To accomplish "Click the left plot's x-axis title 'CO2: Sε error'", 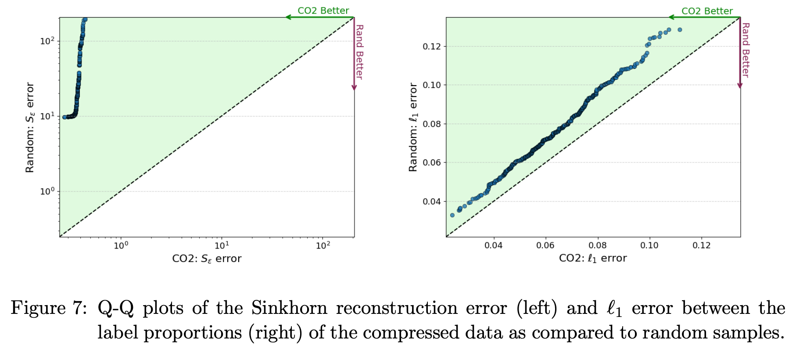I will click(207, 259).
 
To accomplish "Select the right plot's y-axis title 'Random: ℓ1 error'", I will click(413, 127).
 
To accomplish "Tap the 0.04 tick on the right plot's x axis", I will click(493, 245).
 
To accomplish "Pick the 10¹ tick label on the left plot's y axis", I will click(47, 116).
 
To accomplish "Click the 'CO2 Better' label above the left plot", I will click(323, 11).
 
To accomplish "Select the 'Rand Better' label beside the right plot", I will click(746, 50).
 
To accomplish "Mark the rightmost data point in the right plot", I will click(680, 30).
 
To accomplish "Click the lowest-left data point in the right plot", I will click(452, 215).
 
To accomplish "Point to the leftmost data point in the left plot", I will click(65, 117).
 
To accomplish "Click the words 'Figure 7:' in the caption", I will click(49, 308).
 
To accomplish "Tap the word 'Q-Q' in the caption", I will click(115, 308).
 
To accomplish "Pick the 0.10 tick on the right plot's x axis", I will click(649, 245).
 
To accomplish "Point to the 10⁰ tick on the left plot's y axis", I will click(47, 191).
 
